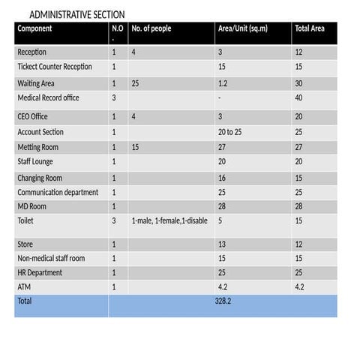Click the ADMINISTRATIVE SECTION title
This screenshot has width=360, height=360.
pyautogui.click(x=77, y=15)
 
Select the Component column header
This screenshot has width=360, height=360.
pyautogui.click(x=34, y=28)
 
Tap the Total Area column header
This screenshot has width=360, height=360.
pyautogui.click(x=309, y=28)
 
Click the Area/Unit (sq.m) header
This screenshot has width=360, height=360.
pyautogui.click(x=242, y=28)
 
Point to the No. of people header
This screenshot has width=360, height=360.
pyautogui.click(x=151, y=28)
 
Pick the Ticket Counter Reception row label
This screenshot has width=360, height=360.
pyautogui.click(x=55, y=67)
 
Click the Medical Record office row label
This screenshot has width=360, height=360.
pyautogui.click(x=48, y=97)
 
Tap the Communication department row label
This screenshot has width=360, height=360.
pyautogui.click(x=58, y=193)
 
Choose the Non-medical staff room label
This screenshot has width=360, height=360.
pyautogui.click(x=51, y=258)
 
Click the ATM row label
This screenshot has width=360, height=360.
pyautogui.click(x=24, y=286)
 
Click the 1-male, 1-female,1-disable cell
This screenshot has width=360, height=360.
pyautogui.click(x=169, y=221)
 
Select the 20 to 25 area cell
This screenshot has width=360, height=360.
pyautogui.click(x=229, y=132)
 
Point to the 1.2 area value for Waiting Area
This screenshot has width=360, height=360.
pyautogui.click(x=222, y=83)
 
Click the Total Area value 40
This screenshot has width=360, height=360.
pyautogui.click(x=300, y=97)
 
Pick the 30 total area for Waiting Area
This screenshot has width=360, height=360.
pyautogui.click(x=300, y=83)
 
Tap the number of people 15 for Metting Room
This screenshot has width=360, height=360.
pyautogui.click(x=136, y=147)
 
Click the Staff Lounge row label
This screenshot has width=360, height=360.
pyautogui.click(x=36, y=161)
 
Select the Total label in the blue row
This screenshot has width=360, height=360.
pyautogui.click(x=25, y=300)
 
